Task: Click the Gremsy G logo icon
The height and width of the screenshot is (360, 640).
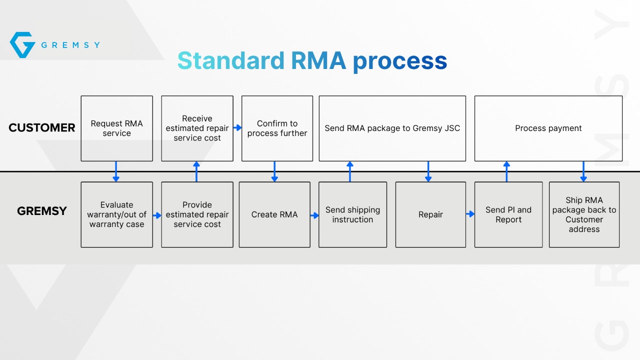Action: point(22,45)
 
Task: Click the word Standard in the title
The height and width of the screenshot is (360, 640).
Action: point(231,60)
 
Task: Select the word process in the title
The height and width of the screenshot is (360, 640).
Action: point(400,62)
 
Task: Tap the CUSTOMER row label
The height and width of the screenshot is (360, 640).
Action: point(41,127)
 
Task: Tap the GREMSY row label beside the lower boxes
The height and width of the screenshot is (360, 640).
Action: point(41,211)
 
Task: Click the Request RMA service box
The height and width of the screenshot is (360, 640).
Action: point(117,128)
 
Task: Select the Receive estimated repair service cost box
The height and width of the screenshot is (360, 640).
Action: point(197,128)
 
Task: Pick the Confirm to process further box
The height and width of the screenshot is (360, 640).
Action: point(277,128)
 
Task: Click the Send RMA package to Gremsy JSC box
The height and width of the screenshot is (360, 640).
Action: point(392,128)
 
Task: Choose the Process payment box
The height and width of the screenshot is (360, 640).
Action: point(548,128)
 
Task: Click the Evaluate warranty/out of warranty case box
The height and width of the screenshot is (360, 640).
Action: point(117,214)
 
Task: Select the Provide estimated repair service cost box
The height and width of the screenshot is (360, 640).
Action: point(197,214)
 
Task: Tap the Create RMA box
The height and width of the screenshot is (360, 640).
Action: point(274,214)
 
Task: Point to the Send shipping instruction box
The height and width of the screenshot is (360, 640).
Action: point(353,214)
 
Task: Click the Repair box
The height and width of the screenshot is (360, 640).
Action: point(430,214)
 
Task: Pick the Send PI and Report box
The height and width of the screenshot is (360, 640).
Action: point(508,214)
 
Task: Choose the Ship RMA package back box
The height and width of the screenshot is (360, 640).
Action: point(584,214)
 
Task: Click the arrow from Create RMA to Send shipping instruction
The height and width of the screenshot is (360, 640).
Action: point(314,215)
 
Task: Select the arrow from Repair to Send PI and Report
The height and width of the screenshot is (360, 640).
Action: point(470,213)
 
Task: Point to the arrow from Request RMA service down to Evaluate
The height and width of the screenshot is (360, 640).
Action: point(116,171)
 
